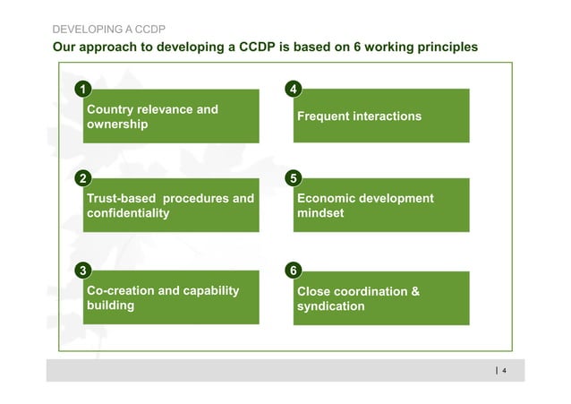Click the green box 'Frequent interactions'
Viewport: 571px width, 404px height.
[x=381, y=116]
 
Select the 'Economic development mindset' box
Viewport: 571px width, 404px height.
[x=381, y=205]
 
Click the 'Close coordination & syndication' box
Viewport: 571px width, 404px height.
[x=381, y=298]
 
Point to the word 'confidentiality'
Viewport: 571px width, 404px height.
[x=127, y=214]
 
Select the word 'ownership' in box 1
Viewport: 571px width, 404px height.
[x=117, y=125]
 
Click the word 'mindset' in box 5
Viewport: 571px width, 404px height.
[x=320, y=214]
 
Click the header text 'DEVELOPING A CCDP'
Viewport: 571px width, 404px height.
[x=107, y=29]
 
